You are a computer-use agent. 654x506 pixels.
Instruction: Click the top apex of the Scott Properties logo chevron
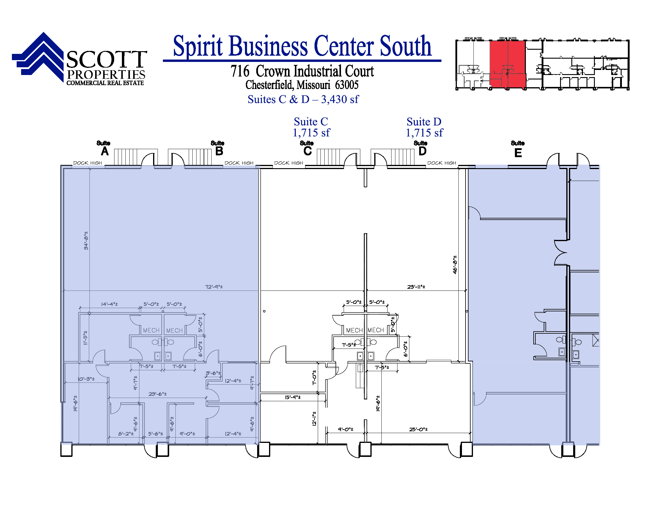44,32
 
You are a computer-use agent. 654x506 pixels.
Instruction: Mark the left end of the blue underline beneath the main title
163,60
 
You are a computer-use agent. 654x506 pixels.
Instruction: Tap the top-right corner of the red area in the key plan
525,41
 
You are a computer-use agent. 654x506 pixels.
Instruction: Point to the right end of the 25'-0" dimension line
471,433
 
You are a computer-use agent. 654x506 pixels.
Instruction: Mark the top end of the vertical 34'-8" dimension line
89,168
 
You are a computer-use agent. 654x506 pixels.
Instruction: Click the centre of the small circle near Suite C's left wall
264,311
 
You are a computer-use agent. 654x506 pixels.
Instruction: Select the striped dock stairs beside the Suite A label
125,157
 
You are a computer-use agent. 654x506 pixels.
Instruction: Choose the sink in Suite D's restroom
371,356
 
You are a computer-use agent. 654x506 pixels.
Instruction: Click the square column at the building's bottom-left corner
67,450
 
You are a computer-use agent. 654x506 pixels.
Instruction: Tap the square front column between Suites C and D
365,449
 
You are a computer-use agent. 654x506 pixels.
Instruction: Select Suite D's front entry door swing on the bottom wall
455,451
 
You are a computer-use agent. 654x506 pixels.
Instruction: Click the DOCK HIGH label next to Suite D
442,163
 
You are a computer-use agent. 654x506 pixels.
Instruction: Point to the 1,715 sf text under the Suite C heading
311,132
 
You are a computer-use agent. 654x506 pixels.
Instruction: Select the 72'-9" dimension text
214,287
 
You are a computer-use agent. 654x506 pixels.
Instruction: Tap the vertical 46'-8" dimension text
455,265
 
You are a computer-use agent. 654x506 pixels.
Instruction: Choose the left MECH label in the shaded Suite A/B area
151,330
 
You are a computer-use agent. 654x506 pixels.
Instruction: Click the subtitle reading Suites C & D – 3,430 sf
303,99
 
